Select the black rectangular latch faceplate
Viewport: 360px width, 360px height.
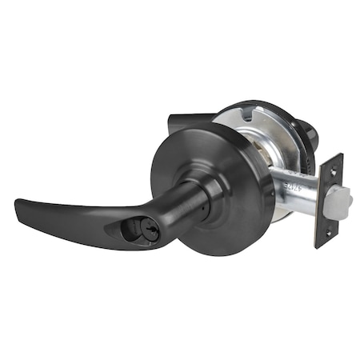[x=327, y=200]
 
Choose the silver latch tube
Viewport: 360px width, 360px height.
[x=296, y=192]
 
